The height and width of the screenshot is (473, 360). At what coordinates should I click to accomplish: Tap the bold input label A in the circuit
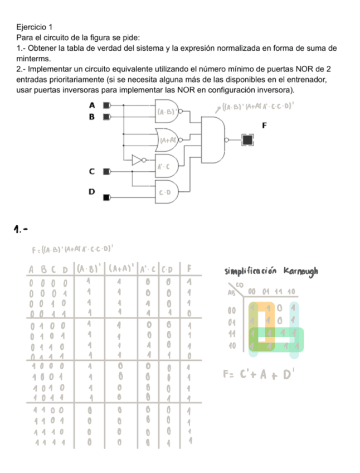92,105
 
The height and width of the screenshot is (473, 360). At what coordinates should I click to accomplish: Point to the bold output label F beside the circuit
265,126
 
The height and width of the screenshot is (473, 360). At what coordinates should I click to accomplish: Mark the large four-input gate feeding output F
212,139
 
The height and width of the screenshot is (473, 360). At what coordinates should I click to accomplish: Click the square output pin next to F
246,139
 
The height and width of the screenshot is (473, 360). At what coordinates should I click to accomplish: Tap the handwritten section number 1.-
21,229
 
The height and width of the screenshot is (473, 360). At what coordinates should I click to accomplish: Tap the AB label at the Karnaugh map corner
230,292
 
